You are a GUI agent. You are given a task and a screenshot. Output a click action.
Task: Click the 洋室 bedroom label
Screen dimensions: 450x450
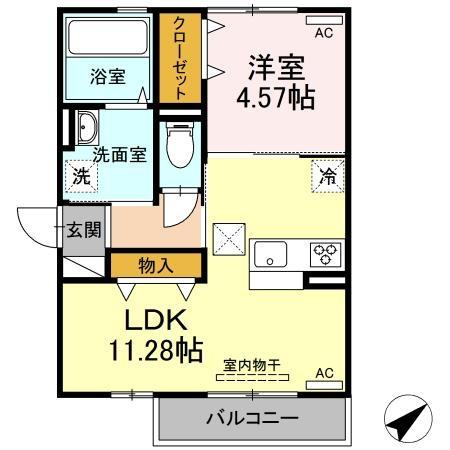click(x=276, y=68)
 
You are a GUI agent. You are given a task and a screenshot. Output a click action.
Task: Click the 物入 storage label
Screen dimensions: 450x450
click(x=155, y=265)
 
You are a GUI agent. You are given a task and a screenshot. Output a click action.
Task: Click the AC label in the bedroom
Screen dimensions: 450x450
click(x=322, y=33)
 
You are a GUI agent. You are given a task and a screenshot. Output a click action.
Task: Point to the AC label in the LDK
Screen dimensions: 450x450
click(x=323, y=373)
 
